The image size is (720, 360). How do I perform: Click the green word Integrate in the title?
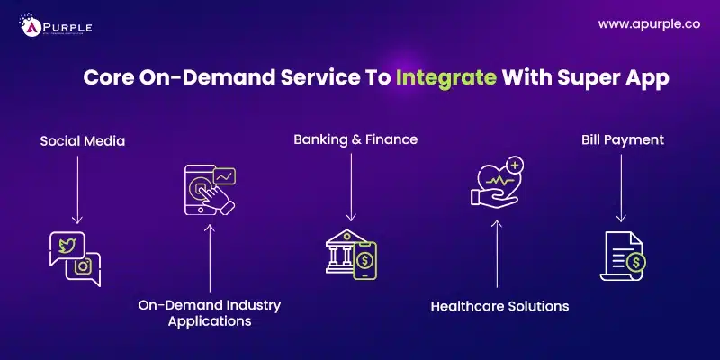(x=446, y=77)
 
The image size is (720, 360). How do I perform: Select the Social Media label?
(x=82, y=141)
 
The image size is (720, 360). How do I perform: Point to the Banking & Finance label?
(x=355, y=139)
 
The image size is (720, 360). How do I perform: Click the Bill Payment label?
(x=622, y=139)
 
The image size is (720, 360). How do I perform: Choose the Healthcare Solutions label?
(x=499, y=306)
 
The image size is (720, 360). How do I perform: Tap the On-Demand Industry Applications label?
(x=210, y=313)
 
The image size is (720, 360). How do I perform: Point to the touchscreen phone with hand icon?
(x=205, y=188)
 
